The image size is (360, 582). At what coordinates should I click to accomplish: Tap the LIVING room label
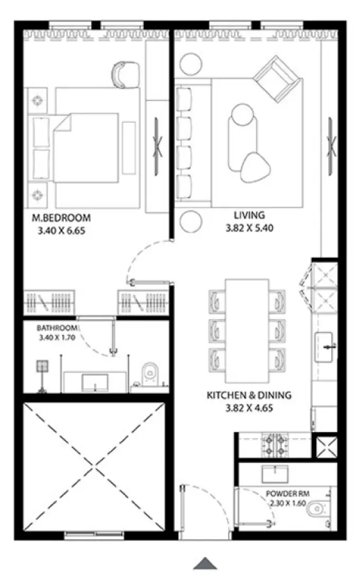click(249, 215)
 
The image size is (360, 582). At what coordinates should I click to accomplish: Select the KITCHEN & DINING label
click(249, 395)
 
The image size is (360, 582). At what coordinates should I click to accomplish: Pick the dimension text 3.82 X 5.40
click(249, 229)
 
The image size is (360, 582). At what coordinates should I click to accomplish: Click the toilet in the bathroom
click(150, 374)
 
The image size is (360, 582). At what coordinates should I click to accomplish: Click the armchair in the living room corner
click(278, 79)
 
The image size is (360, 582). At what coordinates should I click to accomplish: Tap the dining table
click(248, 331)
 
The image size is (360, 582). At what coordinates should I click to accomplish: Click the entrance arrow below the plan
click(205, 563)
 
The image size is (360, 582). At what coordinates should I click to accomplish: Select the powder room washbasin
click(274, 472)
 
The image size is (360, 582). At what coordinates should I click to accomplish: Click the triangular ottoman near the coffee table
click(254, 165)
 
